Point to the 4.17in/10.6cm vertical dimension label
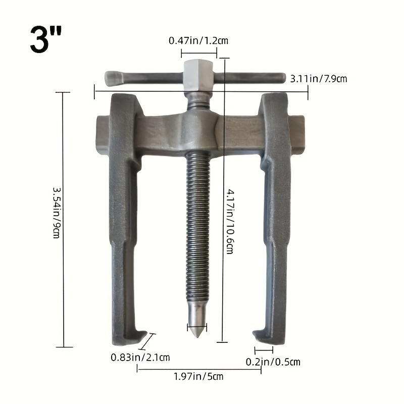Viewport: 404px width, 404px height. click(230, 221)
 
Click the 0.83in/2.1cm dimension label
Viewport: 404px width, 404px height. click(140, 357)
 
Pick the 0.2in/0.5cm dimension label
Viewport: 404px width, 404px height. click(273, 362)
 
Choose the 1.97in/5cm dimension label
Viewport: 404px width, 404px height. click(198, 376)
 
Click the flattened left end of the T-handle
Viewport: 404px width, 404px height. click(114, 78)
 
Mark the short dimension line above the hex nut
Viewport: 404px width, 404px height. click(198, 53)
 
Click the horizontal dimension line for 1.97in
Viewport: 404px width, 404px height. click(198, 369)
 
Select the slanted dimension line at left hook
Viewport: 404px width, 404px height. click(148, 341)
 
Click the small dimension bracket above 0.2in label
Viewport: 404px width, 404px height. click(264, 349)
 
